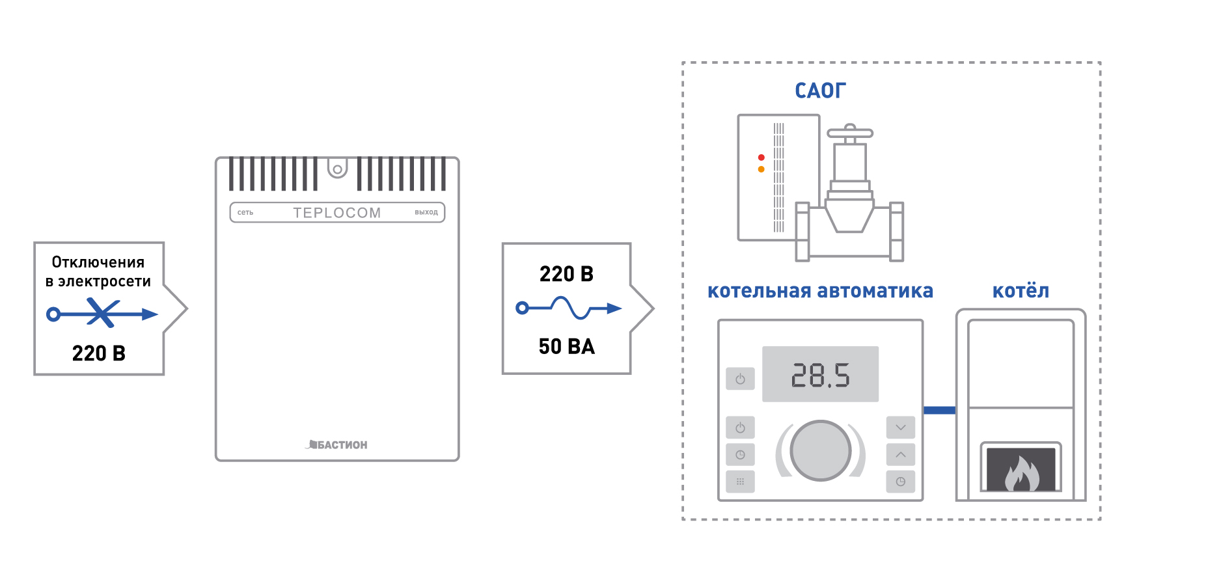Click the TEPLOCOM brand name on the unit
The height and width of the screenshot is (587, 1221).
[x=336, y=213]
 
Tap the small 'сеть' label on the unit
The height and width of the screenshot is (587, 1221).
[x=245, y=213]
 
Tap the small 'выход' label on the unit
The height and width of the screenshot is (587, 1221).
[x=426, y=212]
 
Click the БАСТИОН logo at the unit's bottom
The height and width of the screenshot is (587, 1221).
[x=336, y=444]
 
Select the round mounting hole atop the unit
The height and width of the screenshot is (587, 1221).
[x=337, y=170]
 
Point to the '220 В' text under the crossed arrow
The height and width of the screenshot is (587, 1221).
[x=99, y=353]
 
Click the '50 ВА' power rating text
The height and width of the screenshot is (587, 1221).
[x=567, y=346]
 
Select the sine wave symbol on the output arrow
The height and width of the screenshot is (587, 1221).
[x=571, y=308]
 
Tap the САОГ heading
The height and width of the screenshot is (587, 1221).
[x=820, y=90]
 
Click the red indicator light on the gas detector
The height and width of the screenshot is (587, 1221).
[x=761, y=157]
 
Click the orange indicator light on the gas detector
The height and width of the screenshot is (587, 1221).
[x=761, y=169]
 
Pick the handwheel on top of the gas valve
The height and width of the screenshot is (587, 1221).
[x=850, y=133]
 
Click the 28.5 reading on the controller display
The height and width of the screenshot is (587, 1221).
[x=820, y=375]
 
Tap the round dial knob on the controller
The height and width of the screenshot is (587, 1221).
[x=820, y=450]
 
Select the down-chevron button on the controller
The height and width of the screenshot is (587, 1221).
[x=901, y=428]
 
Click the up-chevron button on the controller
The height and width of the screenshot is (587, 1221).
[x=901, y=454]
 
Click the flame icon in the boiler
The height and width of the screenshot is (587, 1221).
[x=1021, y=473]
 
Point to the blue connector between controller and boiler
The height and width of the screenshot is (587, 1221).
[x=940, y=410]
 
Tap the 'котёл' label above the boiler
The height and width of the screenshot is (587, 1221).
[x=1021, y=290]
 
